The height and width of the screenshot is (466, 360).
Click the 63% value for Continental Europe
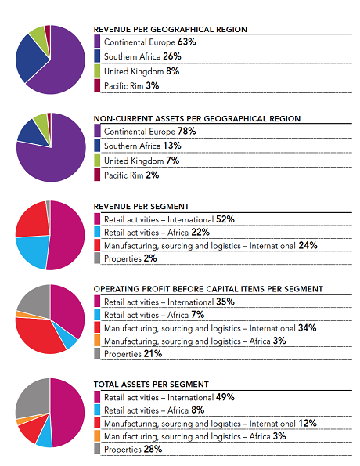(x=187, y=42)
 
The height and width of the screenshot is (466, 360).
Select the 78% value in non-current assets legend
(x=187, y=131)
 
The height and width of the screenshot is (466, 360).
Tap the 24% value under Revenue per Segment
(x=308, y=245)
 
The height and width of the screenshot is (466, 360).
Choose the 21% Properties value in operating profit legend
(x=153, y=354)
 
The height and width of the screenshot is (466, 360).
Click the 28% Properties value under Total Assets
(x=153, y=449)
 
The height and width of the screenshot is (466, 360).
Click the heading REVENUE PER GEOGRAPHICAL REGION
(x=171, y=30)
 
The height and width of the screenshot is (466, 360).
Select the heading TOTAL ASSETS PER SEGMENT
(x=151, y=385)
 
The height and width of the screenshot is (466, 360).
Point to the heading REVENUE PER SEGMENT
(x=142, y=206)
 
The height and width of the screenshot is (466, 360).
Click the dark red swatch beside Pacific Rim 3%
(x=97, y=85)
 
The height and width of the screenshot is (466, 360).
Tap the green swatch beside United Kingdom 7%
(x=97, y=161)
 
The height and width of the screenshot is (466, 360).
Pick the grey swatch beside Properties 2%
(x=97, y=258)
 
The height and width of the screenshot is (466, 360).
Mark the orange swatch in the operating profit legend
(x=97, y=340)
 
